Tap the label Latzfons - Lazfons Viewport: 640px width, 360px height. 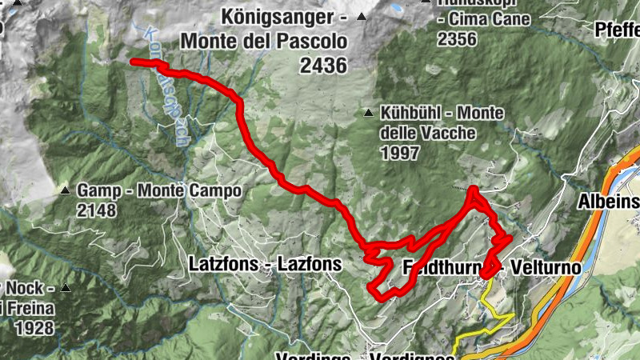tap(265, 264)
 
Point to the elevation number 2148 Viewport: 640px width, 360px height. tap(97, 210)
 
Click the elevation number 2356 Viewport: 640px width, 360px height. tap(457, 39)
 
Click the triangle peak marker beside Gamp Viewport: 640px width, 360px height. tap(65, 190)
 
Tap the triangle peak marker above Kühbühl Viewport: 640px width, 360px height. tap(367, 112)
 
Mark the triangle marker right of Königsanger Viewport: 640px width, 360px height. tap(362, 16)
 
